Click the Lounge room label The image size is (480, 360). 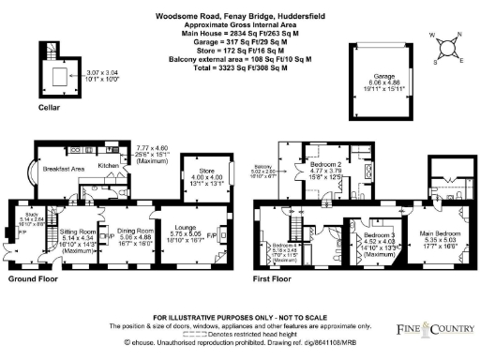pyautogui.click(x=182, y=229)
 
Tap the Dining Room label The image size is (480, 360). pyautogui.click(x=135, y=230)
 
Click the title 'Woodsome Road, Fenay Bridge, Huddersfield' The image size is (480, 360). pyautogui.click(x=240, y=12)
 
